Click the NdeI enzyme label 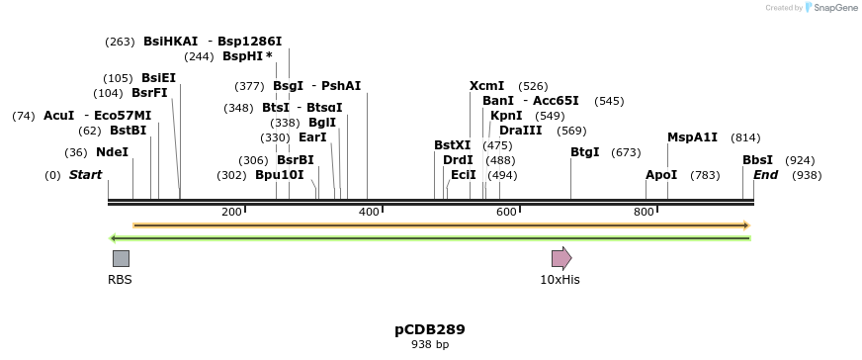[112, 152]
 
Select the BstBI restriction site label [128, 131]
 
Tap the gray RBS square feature [121, 259]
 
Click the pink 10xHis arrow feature [561, 259]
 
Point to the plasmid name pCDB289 [430, 329]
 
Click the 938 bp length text [430, 345]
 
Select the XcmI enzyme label [486, 86]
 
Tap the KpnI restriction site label [506, 116]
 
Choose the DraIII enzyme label [520, 131]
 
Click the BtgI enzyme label [585, 152]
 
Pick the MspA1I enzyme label [692, 137]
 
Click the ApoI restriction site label [661, 175]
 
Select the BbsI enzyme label [757, 160]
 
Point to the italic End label [766, 175]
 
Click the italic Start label [85, 175]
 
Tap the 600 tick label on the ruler [507, 212]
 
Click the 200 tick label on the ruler [232, 212]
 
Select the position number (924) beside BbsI [800, 160]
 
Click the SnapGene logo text [835, 8]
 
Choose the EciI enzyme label [464, 175]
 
